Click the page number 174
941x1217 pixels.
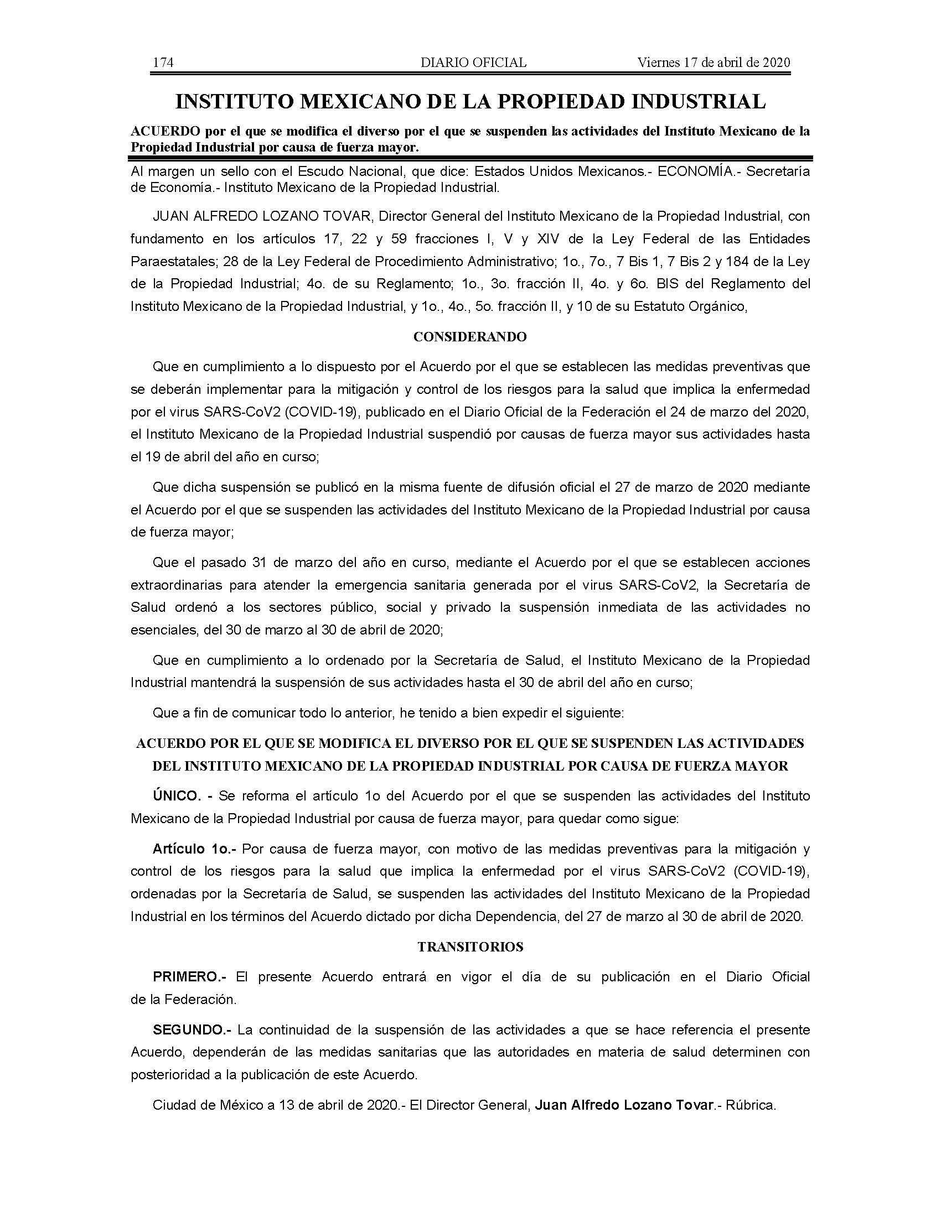(x=163, y=63)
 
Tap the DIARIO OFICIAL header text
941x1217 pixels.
(x=473, y=63)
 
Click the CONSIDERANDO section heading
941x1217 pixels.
(x=470, y=336)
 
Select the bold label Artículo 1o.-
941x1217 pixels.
(x=194, y=849)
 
